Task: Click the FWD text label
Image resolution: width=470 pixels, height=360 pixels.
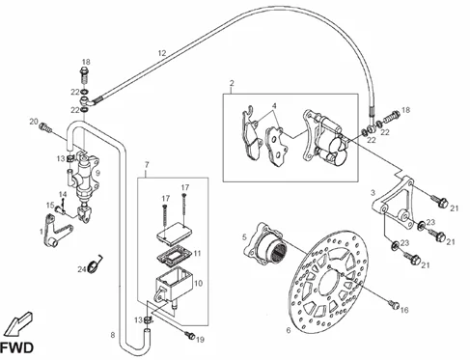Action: (16, 348)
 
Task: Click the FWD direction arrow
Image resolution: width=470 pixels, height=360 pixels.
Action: (18, 323)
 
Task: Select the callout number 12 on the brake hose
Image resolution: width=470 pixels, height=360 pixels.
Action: (162, 53)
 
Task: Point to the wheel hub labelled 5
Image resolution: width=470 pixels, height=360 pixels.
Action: (263, 244)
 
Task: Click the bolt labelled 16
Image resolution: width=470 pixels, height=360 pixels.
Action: (394, 303)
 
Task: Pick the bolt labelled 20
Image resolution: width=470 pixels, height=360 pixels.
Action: (45, 127)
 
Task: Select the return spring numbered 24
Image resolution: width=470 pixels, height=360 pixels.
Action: (96, 263)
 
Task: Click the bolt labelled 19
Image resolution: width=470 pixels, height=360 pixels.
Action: (190, 336)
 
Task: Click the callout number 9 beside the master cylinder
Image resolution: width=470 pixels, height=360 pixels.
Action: (97, 173)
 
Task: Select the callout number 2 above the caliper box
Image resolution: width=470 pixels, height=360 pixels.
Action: (232, 83)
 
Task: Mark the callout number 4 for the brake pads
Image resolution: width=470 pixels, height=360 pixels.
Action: (274, 106)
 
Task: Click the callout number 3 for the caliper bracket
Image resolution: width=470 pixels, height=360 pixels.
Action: (373, 193)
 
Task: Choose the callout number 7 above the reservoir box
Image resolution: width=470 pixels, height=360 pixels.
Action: (147, 165)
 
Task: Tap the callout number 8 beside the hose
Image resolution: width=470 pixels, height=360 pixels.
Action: (113, 335)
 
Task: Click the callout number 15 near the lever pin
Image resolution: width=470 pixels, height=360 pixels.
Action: (50, 206)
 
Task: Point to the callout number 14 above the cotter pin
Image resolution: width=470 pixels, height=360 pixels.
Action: (63, 194)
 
